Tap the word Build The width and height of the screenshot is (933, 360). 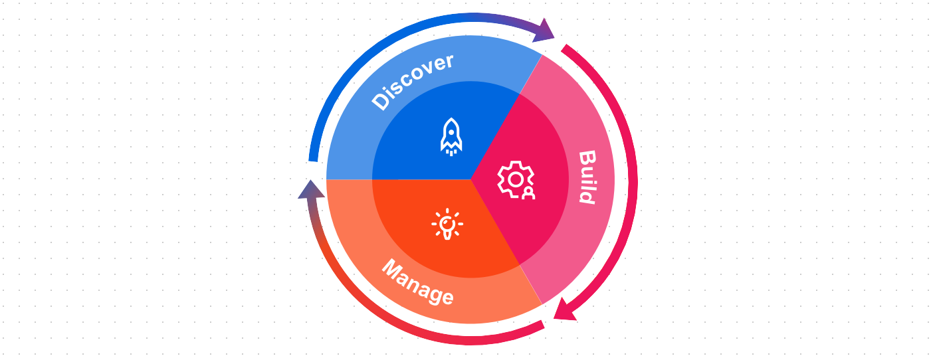point(587,177)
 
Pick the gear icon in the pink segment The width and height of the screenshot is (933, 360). point(516,180)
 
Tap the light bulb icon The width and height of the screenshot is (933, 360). point(447,224)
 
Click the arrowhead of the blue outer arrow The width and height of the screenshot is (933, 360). point(545,31)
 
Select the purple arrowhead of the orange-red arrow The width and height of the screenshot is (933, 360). point(311,190)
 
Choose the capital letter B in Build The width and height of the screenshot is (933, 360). point(587,158)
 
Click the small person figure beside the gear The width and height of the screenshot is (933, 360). point(528,193)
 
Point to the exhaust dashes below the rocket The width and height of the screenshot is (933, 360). point(451,152)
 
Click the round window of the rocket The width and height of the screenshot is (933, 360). point(451,132)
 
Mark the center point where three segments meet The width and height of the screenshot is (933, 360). point(470,179)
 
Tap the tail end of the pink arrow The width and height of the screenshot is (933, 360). point(564,48)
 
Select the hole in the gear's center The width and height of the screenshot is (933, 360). point(515,179)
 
